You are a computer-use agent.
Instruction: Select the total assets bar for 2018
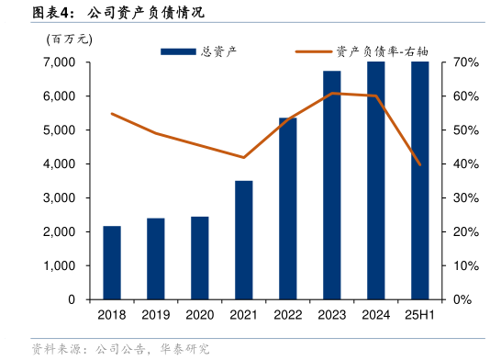[112, 263]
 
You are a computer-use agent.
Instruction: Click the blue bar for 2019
[156, 259]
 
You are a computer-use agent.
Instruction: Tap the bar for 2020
[200, 258]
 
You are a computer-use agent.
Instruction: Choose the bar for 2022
[288, 208]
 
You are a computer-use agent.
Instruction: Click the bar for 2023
[332, 185]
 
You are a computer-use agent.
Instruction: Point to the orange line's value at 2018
[112, 114]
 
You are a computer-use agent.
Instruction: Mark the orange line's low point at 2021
[244, 157]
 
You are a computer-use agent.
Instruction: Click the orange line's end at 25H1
[420, 164]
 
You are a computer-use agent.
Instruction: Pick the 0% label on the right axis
[462, 300]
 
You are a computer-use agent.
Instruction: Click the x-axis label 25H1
[420, 315]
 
